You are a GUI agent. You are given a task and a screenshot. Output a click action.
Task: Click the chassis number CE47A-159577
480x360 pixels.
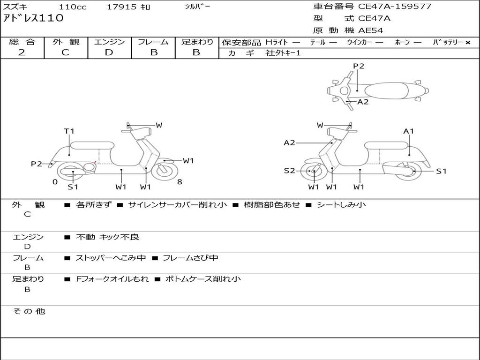point(395,7)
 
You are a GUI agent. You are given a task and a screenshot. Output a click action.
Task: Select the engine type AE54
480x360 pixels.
point(371,30)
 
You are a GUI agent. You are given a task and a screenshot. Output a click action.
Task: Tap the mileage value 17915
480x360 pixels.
point(122,7)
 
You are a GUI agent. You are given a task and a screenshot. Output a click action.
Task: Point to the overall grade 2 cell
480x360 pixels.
point(22,52)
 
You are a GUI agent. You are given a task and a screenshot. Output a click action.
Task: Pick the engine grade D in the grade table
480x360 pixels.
point(109,52)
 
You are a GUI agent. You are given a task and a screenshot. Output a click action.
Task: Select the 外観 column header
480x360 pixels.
point(66,42)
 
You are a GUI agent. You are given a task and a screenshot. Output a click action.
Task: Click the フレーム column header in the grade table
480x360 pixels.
point(153,42)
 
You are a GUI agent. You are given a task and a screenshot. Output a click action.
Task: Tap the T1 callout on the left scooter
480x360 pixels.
point(69,131)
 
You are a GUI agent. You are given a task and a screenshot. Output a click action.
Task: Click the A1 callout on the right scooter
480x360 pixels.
point(409,131)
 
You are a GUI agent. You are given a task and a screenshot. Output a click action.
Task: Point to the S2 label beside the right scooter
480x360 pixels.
point(289,171)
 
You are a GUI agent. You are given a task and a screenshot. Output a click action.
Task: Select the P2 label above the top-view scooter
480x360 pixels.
point(359,66)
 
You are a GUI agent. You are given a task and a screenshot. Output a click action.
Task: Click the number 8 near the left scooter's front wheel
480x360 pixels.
point(180,182)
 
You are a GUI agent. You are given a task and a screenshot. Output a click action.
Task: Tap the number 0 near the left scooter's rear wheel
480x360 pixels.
point(55,182)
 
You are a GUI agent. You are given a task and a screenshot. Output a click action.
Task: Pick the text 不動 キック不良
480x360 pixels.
point(107,237)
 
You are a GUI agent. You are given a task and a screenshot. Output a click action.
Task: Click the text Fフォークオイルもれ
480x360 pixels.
point(112,279)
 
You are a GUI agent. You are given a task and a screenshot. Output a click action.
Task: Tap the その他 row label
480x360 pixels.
point(29,311)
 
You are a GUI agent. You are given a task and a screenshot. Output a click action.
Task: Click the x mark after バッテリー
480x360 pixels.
point(467,42)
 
